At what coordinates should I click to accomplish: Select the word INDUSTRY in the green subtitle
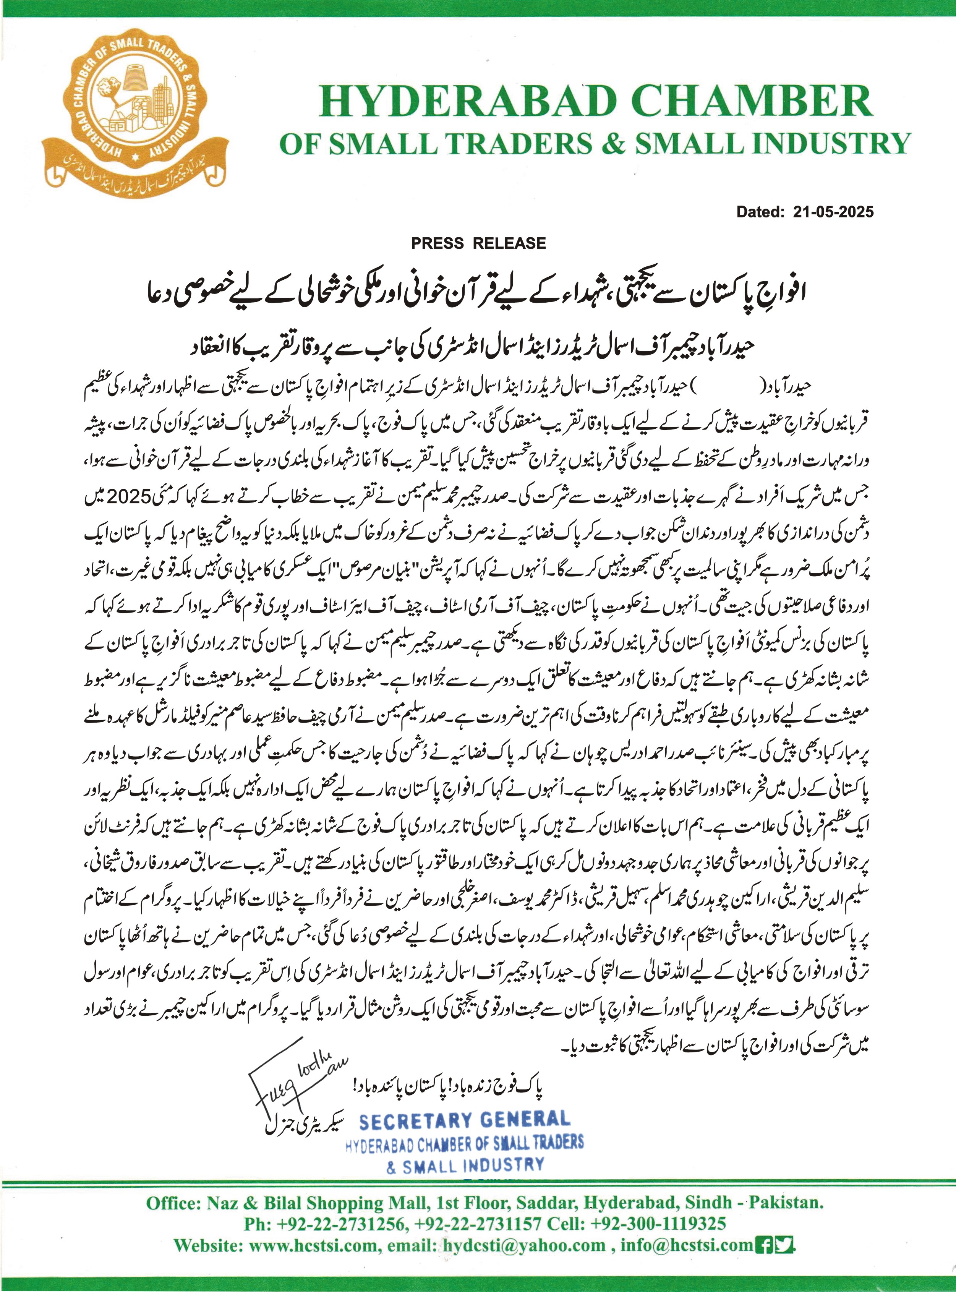(x=831, y=144)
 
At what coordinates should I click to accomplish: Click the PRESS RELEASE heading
(x=478, y=243)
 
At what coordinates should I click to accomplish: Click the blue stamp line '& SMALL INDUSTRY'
(x=465, y=1165)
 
